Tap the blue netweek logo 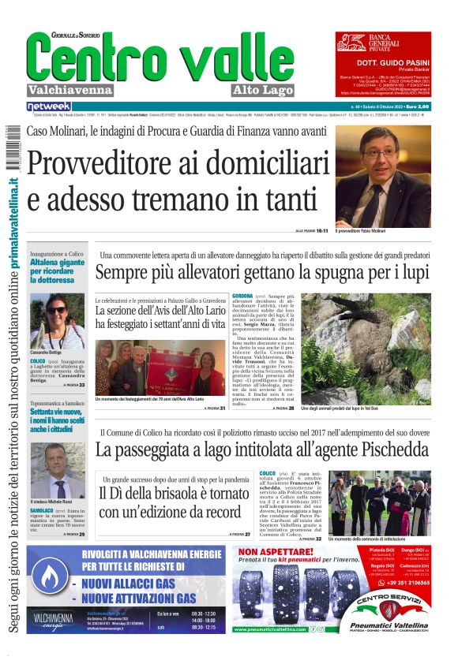click(49, 106)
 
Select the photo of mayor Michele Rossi click(58, 470)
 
